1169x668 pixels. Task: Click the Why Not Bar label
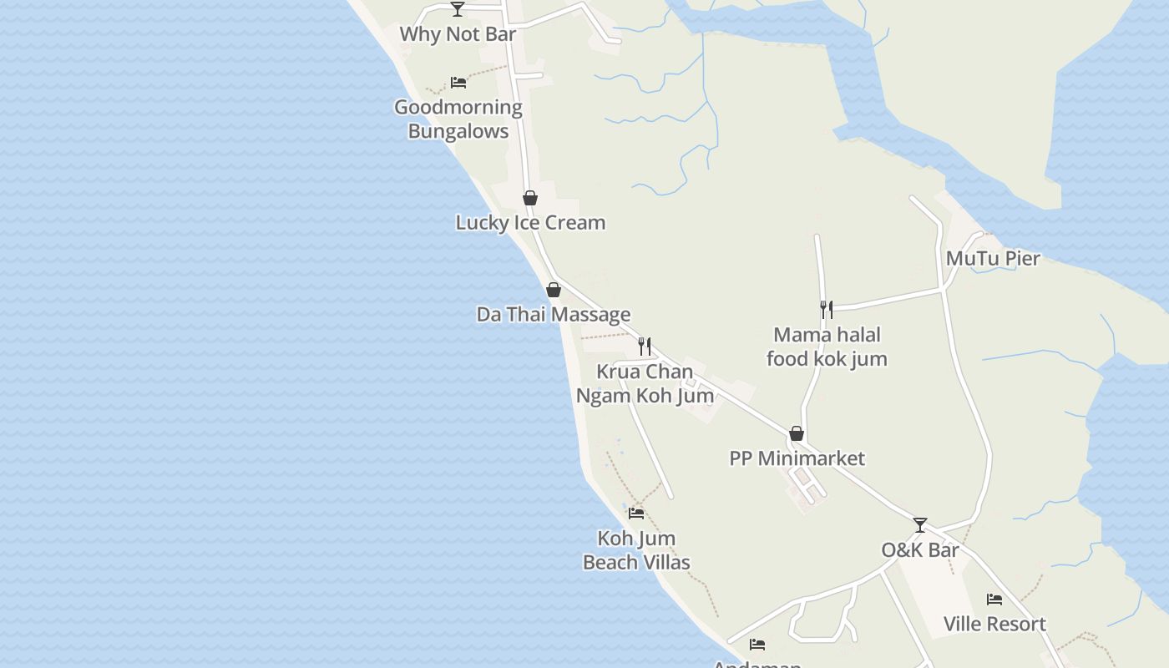point(458,34)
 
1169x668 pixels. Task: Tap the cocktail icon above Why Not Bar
point(458,9)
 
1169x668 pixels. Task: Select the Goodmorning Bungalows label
point(458,119)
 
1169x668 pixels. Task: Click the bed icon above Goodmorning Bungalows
point(458,82)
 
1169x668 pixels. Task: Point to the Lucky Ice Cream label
point(530,223)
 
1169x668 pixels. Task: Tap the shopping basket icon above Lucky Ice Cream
point(529,198)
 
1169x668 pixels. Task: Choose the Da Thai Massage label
point(554,315)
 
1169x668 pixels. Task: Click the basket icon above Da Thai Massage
point(553,290)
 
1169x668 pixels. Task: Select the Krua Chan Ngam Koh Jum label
point(645,383)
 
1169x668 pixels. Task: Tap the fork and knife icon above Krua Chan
point(645,346)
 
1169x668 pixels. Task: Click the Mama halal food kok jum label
point(827,347)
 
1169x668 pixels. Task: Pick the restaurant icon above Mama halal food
point(826,310)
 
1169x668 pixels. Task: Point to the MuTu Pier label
point(993,259)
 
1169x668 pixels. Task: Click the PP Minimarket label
point(797,458)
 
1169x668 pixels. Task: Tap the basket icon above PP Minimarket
point(797,433)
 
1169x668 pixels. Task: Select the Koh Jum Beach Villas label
point(636,550)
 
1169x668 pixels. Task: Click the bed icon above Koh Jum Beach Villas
point(636,513)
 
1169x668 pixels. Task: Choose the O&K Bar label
point(920,550)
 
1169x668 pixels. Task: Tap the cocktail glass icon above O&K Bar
point(920,525)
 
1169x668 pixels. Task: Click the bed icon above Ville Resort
point(994,599)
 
